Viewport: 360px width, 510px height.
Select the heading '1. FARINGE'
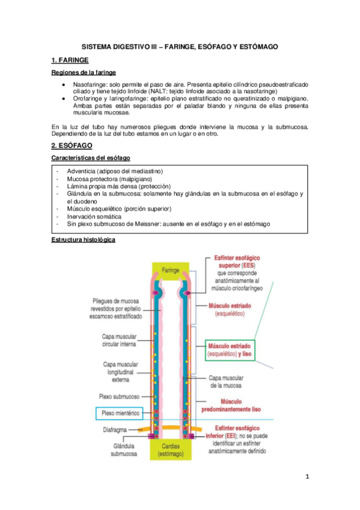pos(71,60)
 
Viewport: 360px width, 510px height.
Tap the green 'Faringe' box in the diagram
pos(170,271)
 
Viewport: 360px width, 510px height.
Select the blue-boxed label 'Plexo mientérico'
pos(120,413)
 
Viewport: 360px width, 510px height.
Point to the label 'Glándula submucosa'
pos(126,450)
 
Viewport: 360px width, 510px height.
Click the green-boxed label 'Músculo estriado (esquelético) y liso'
pos(230,351)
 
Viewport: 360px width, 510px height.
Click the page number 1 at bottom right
pos(307,477)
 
